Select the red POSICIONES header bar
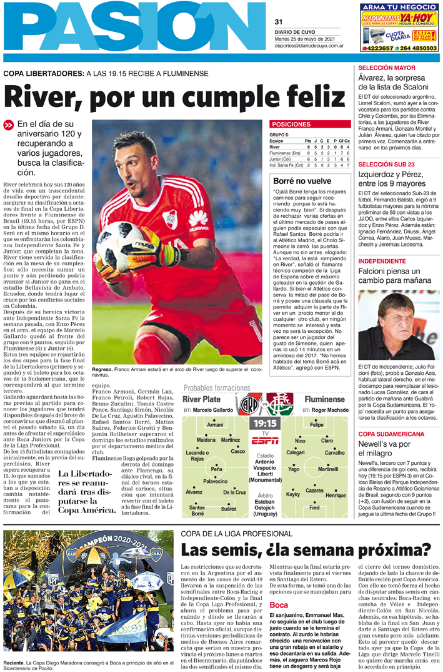click(x=310, y=125)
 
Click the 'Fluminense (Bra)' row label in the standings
click(x=285, y=153)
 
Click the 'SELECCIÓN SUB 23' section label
click(x=386, y=164)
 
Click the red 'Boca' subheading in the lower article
click(x=279, y=605)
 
